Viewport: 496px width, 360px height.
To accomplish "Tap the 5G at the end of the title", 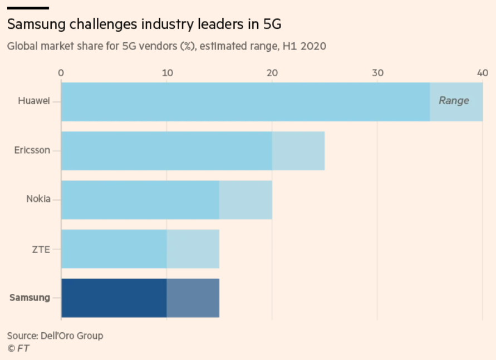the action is (272, 24).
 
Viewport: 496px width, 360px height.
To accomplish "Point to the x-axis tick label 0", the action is (61, 73).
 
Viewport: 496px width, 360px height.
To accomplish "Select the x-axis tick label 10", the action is (168, 73).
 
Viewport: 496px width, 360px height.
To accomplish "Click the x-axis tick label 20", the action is (272, 73).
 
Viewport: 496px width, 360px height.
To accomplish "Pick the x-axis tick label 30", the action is (377, 73).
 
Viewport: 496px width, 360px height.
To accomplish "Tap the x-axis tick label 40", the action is (483, 73).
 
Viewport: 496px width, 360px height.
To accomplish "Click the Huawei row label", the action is (34, 101).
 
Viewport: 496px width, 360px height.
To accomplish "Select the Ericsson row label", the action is (32, 150).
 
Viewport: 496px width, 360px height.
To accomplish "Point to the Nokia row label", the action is (38, 199).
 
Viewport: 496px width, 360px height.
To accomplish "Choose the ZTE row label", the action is (41, 250).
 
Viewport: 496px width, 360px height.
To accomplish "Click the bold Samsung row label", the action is (30, 298).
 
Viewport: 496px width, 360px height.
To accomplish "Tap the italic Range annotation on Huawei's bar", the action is (454, 101).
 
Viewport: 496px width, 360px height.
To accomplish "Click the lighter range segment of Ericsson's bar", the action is (298, 151).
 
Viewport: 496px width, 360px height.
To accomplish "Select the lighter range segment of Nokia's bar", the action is (245, 200).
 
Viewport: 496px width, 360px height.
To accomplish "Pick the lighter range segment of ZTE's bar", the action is (193, 249).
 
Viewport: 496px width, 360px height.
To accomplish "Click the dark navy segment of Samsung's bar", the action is (114, 298).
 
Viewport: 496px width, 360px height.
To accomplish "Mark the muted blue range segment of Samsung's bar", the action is (193, 298).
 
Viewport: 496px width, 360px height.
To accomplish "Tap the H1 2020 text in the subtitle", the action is (305, 46).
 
